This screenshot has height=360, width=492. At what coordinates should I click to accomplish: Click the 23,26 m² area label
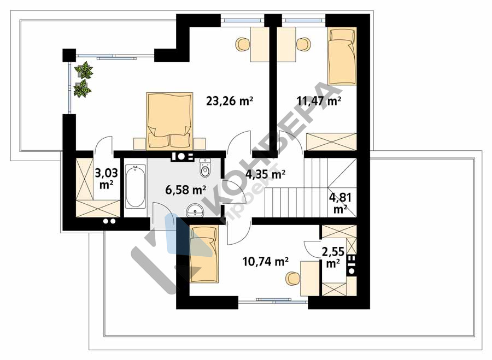(230, 101)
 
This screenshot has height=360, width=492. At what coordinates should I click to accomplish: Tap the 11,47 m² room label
(319, 101)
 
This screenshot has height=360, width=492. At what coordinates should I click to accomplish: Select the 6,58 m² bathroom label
(185, 190)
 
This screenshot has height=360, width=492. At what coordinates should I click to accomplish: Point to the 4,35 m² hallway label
(266, 174)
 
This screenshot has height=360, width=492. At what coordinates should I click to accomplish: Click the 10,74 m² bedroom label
(266, 261)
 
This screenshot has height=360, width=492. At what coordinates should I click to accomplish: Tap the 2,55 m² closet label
(333, 257)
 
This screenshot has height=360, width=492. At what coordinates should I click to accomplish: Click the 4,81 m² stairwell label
(340, 203)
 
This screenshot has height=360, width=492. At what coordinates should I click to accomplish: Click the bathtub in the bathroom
(135, 187)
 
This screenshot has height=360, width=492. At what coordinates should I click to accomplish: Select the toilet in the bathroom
(205, 168)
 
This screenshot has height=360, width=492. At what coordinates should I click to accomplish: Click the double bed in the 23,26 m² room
(169, 120)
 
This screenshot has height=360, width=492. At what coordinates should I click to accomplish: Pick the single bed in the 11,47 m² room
(342, 56)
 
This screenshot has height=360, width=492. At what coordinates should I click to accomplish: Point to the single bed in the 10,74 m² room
(204, 253)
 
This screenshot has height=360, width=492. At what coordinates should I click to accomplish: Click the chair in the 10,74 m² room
(292, 279)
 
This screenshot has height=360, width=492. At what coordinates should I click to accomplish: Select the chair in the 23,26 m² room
(243, 44)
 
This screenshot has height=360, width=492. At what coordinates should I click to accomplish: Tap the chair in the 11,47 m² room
(303, 44)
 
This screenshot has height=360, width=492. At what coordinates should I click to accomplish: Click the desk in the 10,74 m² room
(311, 279)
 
